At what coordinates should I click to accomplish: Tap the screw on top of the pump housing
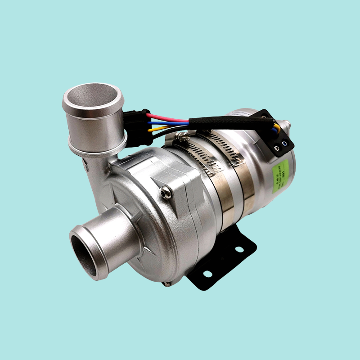(166, 192)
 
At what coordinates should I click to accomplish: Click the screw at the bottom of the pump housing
(167, 283)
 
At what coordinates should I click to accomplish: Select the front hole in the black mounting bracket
(207, 273)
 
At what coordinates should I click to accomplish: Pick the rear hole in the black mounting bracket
(238, 249)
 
